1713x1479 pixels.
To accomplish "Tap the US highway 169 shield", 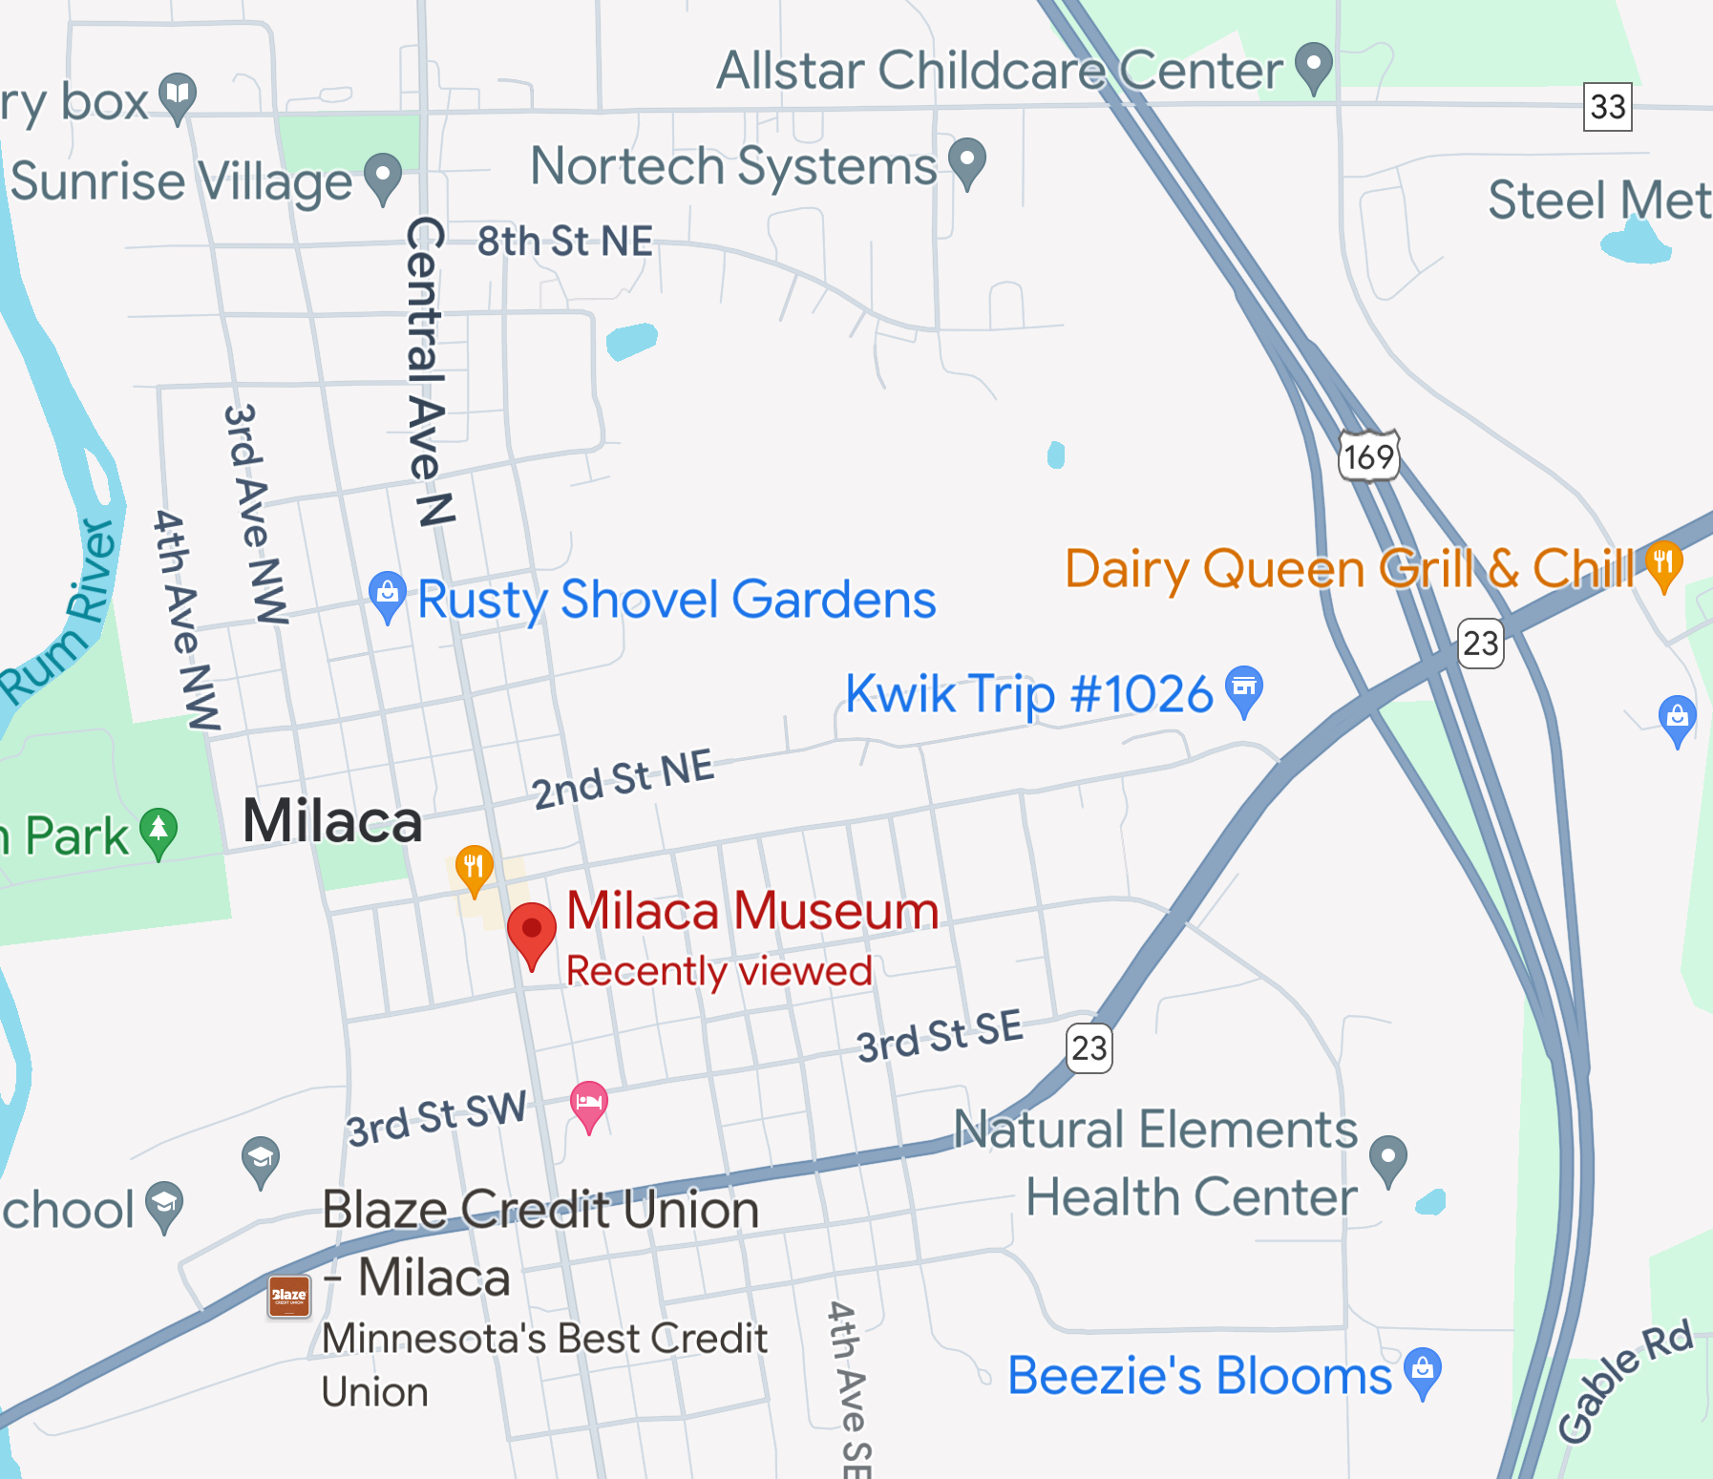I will tap(1369, 456).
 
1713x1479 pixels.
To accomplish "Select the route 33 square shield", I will tap(1607, 106).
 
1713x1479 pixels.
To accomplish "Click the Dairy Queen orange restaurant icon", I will tap(1663, 565).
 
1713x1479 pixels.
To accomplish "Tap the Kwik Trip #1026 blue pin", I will tap(1244, 689).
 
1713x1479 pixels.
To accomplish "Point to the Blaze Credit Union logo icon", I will tap(289, 1296).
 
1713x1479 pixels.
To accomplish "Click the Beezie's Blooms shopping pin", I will tap(1423, 1372).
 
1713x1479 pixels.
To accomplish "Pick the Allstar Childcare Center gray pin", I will tap(1314, 67).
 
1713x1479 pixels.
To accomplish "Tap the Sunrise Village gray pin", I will tap(384, 178).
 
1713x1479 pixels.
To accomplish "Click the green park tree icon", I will tap(159, 833).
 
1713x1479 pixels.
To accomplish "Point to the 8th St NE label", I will tap(565, 242).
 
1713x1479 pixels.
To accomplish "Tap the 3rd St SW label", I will tap(436, 1118).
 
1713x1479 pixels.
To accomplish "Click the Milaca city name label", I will tap(332, 821).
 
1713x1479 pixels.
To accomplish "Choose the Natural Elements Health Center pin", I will tap(1388, 1159).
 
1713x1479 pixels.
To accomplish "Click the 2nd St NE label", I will tap(623, 778).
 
